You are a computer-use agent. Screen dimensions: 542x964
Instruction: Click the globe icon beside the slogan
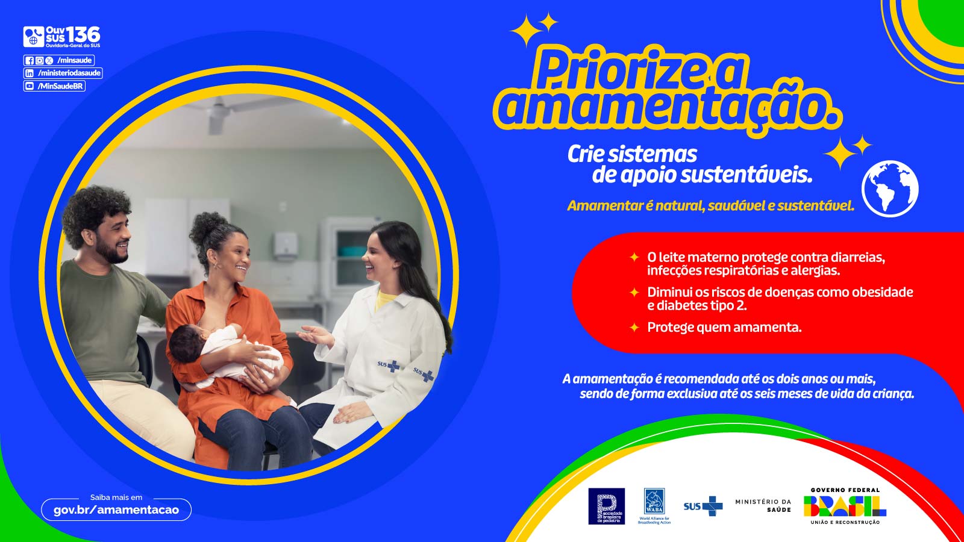890,188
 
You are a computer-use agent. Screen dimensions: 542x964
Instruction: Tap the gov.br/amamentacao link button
116,509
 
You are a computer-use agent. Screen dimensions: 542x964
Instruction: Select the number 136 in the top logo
83,35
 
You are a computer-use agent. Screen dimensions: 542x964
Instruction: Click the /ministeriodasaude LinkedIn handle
69,73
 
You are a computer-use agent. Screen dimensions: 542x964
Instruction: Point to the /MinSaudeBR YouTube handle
60,86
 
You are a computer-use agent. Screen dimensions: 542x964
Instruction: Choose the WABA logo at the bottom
654,505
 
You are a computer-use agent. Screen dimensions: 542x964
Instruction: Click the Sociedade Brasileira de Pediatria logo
606,506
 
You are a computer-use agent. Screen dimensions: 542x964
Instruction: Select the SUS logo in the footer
703,506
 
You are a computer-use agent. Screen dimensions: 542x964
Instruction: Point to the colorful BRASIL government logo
845,506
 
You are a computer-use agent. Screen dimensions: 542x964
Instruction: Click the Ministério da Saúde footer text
763,505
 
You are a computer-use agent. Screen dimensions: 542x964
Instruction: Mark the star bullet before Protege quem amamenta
634,328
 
